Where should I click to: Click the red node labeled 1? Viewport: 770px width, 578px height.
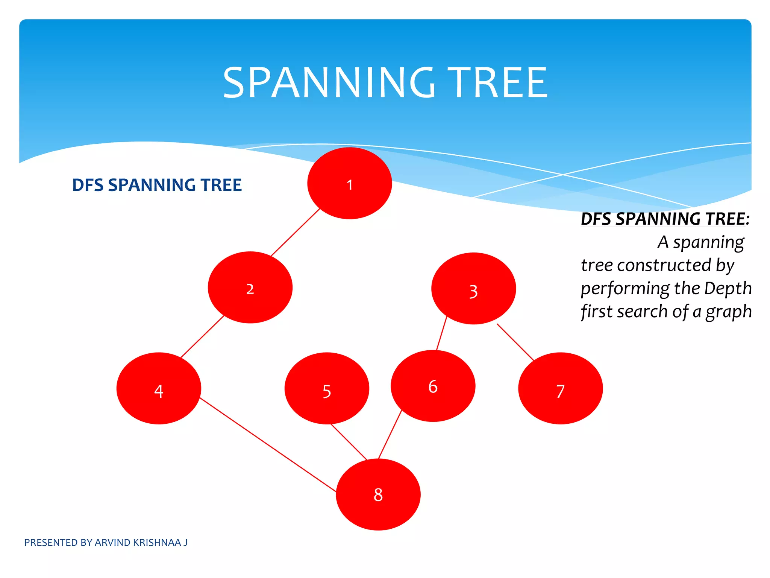[350, 183]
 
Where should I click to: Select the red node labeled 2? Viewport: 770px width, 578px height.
[250, 287]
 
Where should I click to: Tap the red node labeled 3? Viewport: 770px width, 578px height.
[473, 289]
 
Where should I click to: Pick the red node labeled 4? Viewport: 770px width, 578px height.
[159, 388]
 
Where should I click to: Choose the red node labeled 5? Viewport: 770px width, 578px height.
[327, 388]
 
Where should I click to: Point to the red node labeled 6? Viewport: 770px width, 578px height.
[433, 386]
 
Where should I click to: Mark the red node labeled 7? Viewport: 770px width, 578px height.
[560, 388]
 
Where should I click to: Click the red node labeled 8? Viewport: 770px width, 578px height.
[378, 494]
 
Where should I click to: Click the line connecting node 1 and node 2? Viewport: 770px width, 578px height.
[296, 232]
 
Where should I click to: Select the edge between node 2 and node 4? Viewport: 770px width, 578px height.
[202, 336]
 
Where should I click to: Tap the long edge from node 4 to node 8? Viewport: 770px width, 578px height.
[268, 444]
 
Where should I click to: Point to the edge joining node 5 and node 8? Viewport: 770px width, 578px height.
[349, 442]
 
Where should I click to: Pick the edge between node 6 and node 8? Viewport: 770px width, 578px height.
[390, 435]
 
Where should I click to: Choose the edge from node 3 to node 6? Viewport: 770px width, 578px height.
[442, 333]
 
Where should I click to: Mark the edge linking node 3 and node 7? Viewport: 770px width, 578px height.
[515, 342]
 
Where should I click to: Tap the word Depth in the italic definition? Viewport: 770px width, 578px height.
[728, 289]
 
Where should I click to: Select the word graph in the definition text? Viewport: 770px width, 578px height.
[728, 312]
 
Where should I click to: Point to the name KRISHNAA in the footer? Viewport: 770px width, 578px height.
[157, 543]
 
